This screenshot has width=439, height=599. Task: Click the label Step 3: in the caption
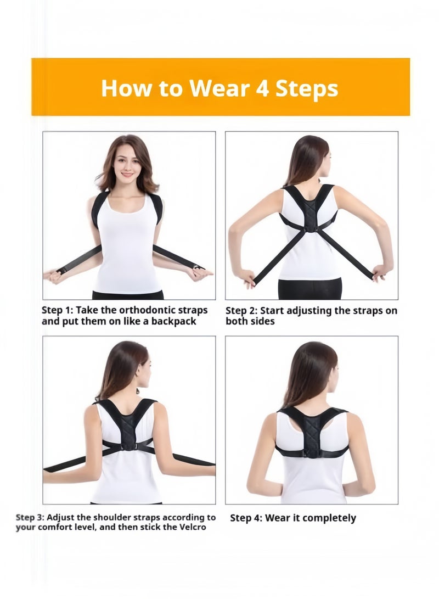click(x=31, y=517)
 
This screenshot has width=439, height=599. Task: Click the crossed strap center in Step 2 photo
click(x=310, y=225)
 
